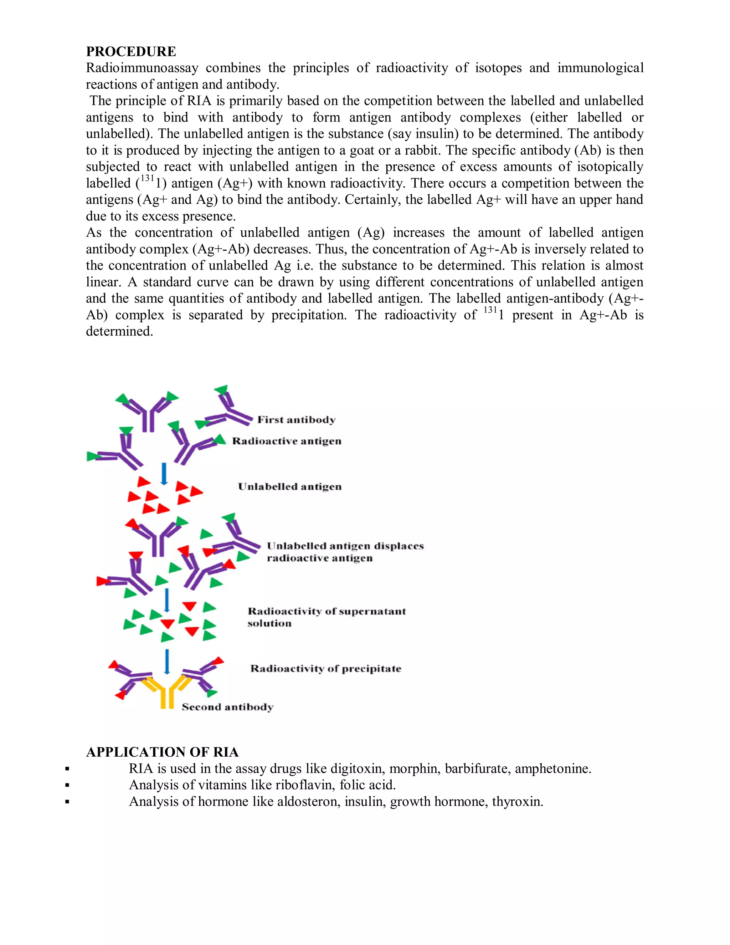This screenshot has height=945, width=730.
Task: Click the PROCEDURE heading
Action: pos(130,51)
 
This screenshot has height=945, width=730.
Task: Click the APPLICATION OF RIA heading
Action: pos(162,752)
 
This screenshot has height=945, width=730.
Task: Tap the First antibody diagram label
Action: pos(296,420)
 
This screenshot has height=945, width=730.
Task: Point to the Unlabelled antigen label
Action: pos(290,487)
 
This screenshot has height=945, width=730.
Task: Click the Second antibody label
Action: pos(227,707)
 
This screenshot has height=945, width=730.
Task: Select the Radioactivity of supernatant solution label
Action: pos(327,617)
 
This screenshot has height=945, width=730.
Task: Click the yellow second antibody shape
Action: pos(166,692)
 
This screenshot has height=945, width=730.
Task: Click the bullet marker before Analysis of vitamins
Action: pos(67,785)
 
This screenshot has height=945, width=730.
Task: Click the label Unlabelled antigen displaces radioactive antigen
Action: pos(345,552)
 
